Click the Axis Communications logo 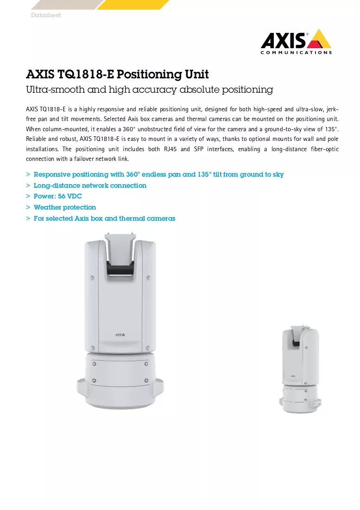coord(296,42)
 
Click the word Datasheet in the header coord(46,15)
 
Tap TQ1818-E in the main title coord(86,74)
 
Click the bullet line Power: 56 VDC coord(57,196)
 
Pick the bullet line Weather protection coord(65,207)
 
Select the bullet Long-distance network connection coord(90,185)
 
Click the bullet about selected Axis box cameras coord(104,218)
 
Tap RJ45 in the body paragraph coord(170,149)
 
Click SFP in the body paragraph coord(198,149)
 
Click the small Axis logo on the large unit coord(120,334)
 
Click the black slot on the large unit coord(120,270)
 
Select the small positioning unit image coord(300,369)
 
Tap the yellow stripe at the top coord(133,5)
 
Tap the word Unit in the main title coord(197,74)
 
